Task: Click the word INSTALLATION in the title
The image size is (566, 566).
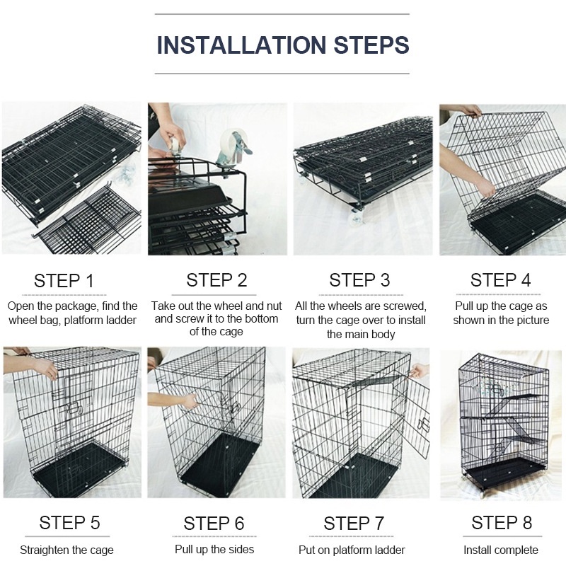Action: tap(241, 45)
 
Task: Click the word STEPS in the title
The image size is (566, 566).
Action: tap(371, 45)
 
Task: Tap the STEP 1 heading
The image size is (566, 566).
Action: tap(64, 281)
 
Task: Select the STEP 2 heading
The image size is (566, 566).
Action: tap(216, 280)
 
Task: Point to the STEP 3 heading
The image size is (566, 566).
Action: tap(359, 280)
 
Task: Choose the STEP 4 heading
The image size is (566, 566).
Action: tap(500, 280)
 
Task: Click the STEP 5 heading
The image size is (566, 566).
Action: tap(69, 522)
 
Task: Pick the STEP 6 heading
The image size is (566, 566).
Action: tap(214, 523)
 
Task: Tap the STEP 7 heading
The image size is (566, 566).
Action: tap(354, 523)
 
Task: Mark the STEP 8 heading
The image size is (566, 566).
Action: tap(502, 522)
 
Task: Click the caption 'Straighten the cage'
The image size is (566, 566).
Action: tap(67, 550)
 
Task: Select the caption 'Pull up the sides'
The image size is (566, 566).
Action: tap(214, 550)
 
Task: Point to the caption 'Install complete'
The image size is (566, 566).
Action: tap(501, 550)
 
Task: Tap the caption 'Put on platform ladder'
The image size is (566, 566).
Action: tap(352, 550)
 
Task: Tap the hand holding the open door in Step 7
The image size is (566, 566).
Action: tap(419, 371)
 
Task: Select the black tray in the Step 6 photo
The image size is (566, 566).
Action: tap(219, 461)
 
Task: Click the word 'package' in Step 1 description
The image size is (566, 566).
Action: tap(75, 306)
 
